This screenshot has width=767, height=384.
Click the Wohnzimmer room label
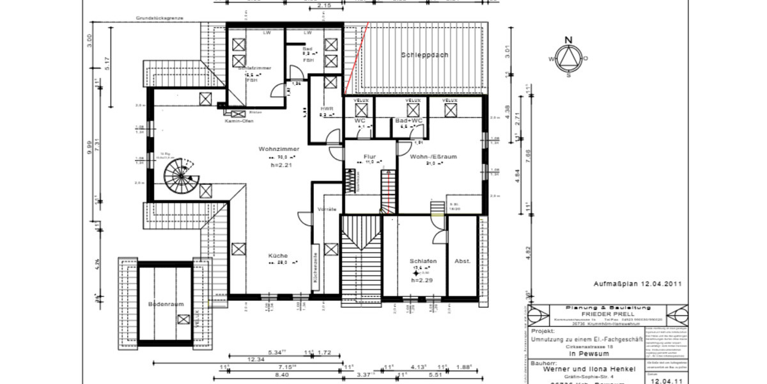[270, 149]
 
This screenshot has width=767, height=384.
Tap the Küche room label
[278, 255]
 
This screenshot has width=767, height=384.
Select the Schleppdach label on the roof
[424, 55]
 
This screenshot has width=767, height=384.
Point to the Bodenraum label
[166, 304]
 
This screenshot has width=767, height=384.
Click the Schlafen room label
[423, 261]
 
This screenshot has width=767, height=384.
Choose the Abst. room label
[462, 261]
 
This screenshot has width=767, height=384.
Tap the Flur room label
[369, 156]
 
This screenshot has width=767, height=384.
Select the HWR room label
[327, 109]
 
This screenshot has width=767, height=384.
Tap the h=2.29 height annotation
[422, 280]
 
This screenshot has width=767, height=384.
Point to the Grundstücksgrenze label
[159, 19]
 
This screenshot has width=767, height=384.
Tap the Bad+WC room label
[408, 120]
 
